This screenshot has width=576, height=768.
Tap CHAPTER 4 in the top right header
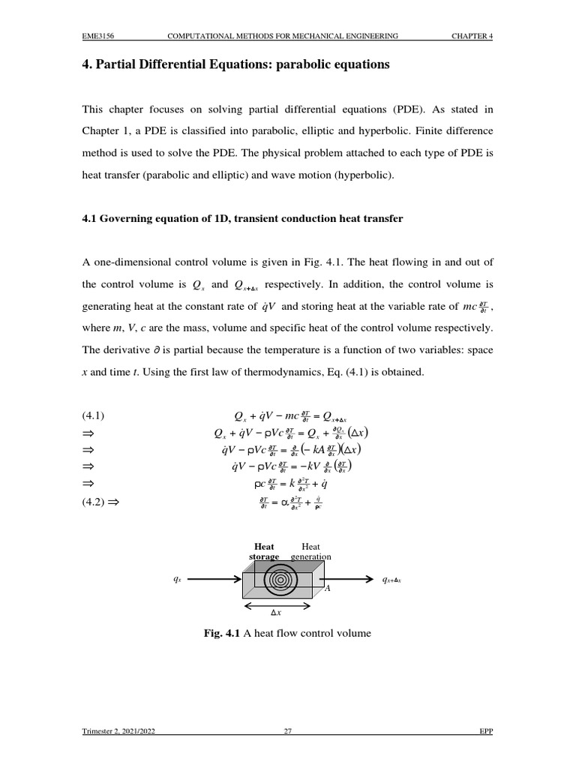[x=472, y=35]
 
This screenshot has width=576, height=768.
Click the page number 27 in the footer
[x=287, y=733]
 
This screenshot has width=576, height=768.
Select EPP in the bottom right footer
[x=486, y=733]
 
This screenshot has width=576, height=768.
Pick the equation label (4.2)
[x=94, y=503]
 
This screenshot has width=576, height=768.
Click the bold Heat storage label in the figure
[x=264, y=551]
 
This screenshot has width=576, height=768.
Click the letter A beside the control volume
[x=327, y=589]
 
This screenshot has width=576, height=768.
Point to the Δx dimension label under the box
[x=276, y=613]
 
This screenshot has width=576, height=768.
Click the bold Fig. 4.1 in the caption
[x=221, y=634]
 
